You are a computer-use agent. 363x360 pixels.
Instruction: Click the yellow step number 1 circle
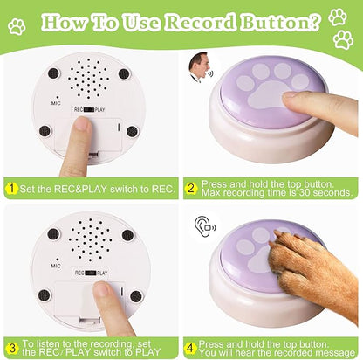pos(11,189)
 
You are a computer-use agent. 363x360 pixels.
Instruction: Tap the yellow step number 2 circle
pos(191,189)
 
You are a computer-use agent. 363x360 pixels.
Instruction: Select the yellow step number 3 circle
pos(12,348)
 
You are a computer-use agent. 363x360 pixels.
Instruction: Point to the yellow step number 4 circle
pos(190,348)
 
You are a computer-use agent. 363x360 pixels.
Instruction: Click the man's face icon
pos(201,67)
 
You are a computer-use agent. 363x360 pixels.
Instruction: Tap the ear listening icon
pos(205,226)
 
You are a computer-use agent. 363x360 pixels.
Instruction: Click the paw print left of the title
pos(17,26)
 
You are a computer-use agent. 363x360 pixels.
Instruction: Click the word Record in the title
pos(202,22)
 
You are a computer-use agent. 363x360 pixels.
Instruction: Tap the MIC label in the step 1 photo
pos(56,103)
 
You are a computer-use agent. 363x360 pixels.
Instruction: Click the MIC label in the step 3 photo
pos(56,266)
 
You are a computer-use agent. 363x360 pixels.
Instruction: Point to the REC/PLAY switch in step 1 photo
pos(89,110)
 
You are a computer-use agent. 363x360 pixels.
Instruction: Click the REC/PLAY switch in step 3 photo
pos(91,273)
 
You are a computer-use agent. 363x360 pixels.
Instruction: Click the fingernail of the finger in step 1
pos(84,123)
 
